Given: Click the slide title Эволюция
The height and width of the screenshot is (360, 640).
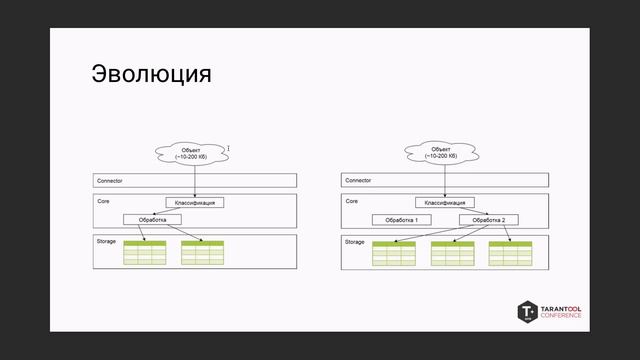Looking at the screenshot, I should pyautogui.click(x=151, y=75).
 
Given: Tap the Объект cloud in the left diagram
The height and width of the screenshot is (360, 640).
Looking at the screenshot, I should pyautogui.click(x=191, y=153).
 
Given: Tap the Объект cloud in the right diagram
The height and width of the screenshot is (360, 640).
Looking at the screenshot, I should pyautogui.click(x=440, y=153).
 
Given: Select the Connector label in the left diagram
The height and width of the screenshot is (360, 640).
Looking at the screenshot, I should pyautogui.click(x=108, y=181).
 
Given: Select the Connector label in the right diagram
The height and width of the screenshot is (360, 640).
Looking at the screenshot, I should pyautogui.click(x=357, y=181).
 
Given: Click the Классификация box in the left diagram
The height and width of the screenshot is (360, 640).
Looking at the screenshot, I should pyautogui.click(x=194, y=202).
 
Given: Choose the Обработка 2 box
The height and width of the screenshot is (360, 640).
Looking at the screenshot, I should pyautogui.click(x=489, y=219).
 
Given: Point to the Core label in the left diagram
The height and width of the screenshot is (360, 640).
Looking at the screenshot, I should pyautogui.click(x=102, y=201).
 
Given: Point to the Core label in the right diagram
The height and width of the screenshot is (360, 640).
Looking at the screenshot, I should pyautogui.click(x=351, y=201).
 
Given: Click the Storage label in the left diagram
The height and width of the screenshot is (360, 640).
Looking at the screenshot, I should pyautogui.click(x=106, y=242).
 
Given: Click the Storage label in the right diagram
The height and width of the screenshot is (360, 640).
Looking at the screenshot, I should pyautogui.click(x=355, y=242).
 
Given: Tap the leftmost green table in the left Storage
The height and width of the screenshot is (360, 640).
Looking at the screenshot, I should pyautogui.click(x=144, y=252).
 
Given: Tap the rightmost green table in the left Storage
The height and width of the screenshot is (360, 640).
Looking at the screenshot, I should pyautogui.click(x=202, y=252).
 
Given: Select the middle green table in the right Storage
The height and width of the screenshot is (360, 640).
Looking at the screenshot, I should pyautogui.click(x=451, y=253).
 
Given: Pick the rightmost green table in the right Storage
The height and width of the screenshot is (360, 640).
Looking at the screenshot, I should pyautogui.click(x=509, y=253).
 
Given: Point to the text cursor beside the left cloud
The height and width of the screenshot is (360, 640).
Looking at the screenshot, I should pyautogui.click(x=228, y=149).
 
